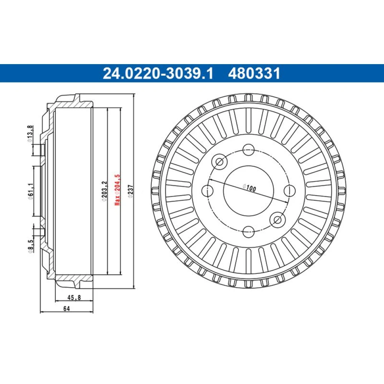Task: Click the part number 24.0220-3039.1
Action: point(158,73)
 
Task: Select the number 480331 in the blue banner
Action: point(254,73)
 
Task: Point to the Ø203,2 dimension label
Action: point(104,192)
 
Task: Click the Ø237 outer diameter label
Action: point(131,192)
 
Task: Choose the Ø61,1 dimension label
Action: point(30,192)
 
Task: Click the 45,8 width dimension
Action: point(74,298)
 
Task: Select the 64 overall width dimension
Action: point(66,309)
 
